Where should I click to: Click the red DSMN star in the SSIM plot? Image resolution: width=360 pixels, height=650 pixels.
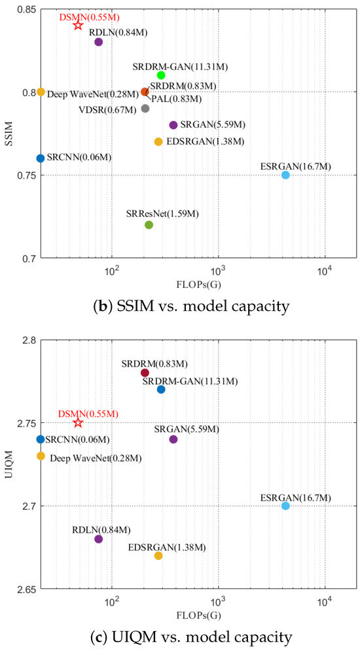point(78,25)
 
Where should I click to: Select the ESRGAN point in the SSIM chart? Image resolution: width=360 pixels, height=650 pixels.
point(285,175)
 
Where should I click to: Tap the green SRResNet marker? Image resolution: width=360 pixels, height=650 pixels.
point(149,225)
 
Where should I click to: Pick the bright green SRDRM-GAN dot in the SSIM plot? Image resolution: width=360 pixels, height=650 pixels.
point(161,75)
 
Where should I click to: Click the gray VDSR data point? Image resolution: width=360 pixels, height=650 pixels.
point(145,109)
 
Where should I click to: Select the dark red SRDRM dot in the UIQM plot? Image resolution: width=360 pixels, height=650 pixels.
point(145,372)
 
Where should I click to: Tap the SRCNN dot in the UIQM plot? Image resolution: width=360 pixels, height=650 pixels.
point(41,439)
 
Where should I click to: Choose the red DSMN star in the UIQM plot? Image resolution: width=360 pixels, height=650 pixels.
point(78,423)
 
